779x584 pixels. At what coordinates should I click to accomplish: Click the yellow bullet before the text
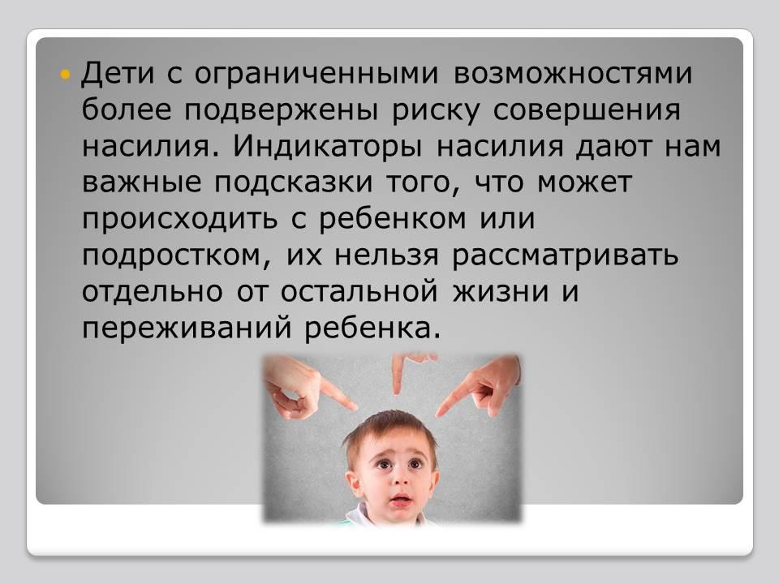tap(65, 75)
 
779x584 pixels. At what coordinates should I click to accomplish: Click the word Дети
tap(118, 74)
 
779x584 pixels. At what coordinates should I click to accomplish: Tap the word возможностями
tap(572, 74)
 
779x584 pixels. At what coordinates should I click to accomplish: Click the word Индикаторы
tap(328, 148)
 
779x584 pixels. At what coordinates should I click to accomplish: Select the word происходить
tap(180, 220)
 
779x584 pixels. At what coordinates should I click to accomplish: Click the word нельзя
tap(387, 256)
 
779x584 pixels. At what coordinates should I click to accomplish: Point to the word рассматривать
tap(566, 256)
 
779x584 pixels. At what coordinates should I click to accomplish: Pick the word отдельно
tap(152, 293)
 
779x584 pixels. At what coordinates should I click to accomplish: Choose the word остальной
tap(359, 293)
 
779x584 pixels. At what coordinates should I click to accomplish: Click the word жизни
tap(501, 293)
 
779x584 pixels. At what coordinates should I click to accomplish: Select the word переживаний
tap(187, 328)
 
